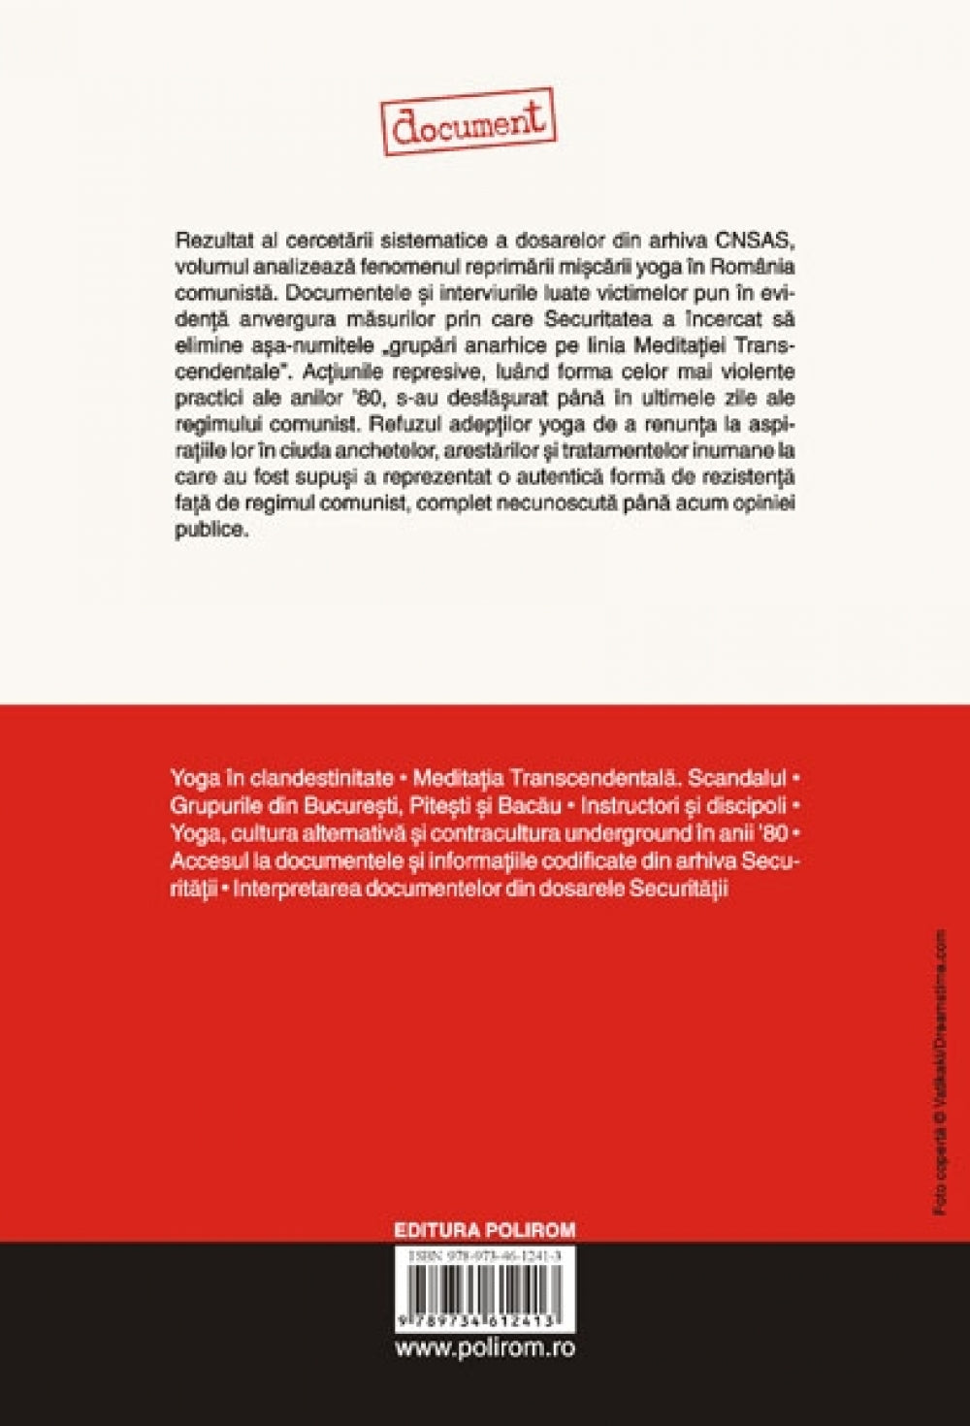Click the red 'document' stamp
pos(470,121)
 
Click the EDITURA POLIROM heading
pos(484,1230)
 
